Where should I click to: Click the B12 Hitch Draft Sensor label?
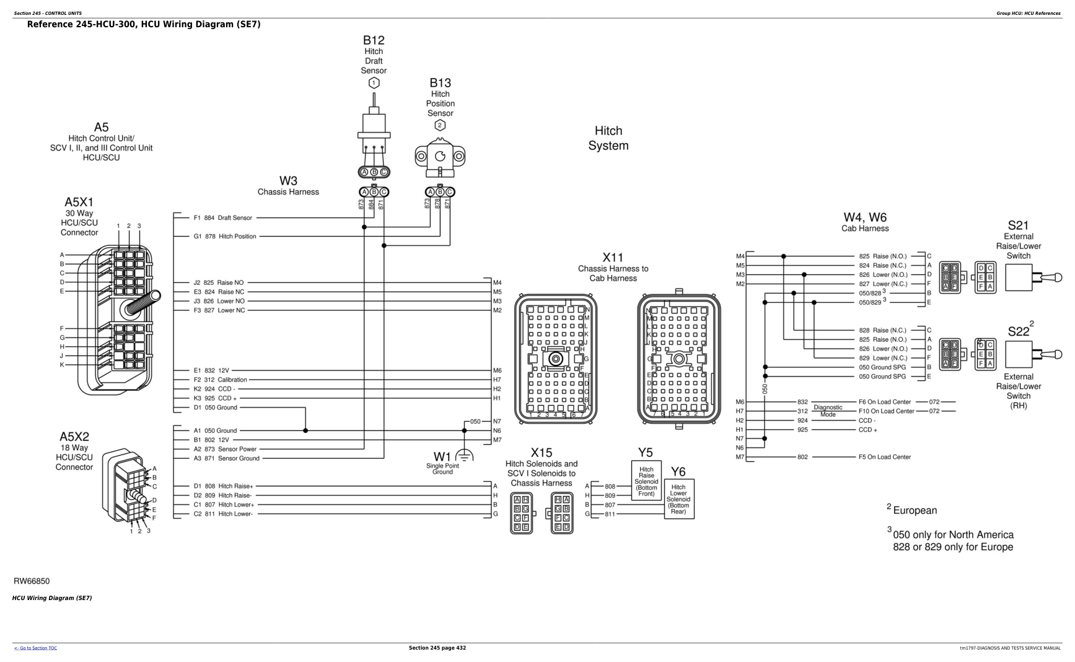point(374,54)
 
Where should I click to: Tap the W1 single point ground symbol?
point(464,455)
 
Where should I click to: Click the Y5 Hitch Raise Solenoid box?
point(646,482)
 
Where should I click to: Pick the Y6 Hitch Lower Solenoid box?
point(678,499)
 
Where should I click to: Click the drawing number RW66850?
point(32,581)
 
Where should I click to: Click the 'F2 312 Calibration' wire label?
point(220,380)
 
